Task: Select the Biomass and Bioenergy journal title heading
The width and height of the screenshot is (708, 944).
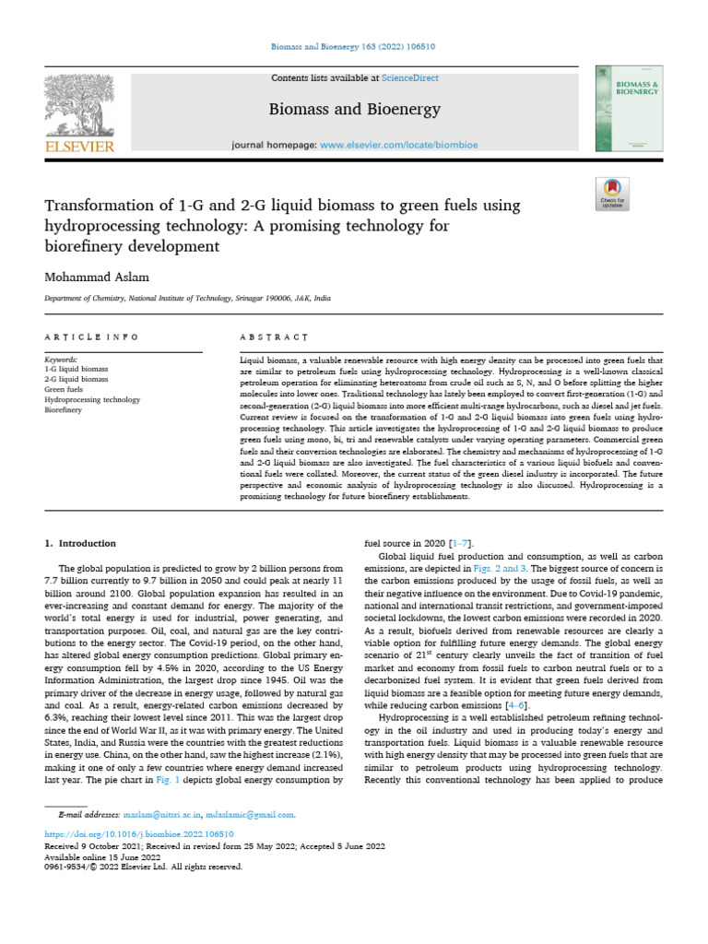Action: click(x=341, y=111)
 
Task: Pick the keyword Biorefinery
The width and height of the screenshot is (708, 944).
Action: click(x=64, y=409)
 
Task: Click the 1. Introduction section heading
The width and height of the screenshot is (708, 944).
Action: click(x=81, y=544)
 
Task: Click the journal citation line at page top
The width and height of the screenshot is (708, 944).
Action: click(x=354, y=45)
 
